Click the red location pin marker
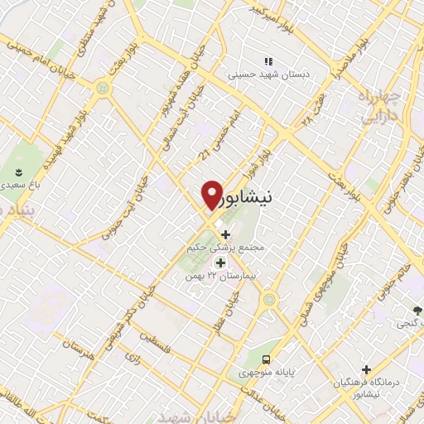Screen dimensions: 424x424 point(212,195)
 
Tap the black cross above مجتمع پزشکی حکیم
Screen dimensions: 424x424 point(225,234)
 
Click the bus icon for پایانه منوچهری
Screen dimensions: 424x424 point(267,359)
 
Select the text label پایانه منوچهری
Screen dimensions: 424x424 point(267,373)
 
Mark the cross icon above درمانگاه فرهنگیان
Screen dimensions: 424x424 point(366,369)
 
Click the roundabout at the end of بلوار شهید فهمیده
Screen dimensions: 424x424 point(102,85)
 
